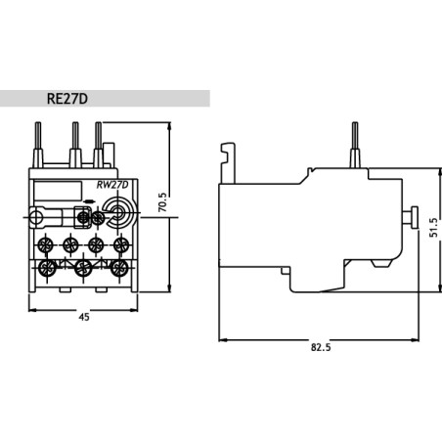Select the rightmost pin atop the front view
pyautogui.click(x=98, y=136)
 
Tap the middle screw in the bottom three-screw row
pyautogui.click(x=83, y=267)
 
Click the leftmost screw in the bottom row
pyautogui.click(x=45, y=267)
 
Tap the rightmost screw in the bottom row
pyautogui.click(x=119, y=267)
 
